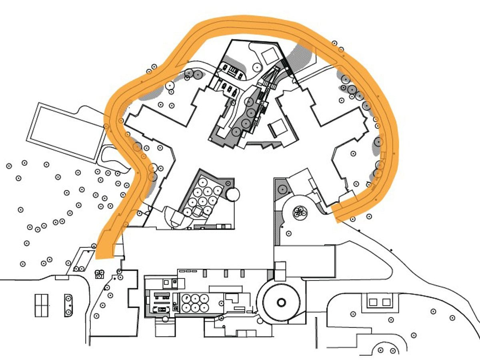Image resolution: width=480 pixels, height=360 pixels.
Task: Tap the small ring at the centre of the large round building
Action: click(x=281, y=302)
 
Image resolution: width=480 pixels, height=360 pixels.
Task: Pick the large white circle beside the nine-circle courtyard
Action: click(x=233, y=195)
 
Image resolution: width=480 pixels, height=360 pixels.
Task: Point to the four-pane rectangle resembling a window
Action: click(x=41, y=305)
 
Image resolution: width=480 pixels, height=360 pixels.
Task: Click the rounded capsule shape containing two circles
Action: click(x=68, y=306)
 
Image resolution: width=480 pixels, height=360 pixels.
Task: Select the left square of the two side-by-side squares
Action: click(x=373, y=302)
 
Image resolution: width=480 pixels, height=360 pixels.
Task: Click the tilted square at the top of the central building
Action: click(x=268, y=54)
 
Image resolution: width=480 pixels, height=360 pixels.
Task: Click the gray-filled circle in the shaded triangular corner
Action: click(x=282, y=188)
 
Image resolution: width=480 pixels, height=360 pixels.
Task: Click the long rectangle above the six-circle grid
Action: click(x=226, y=289)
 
